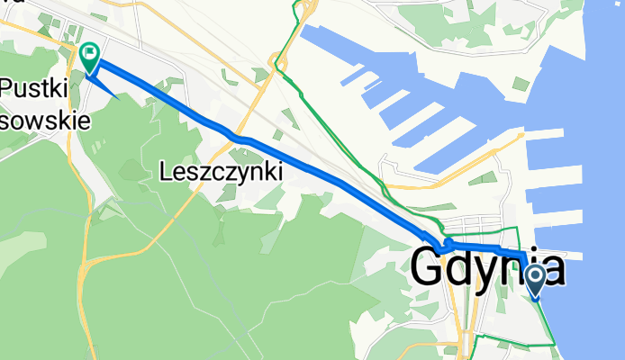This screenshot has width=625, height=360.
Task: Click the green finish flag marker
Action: (90, 57)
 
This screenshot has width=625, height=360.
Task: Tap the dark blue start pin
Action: (535, 281)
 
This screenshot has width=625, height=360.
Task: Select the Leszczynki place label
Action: (221, 170)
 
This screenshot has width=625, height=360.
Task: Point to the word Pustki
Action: (36, 88)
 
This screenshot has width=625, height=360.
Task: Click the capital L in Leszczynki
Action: (166, 170)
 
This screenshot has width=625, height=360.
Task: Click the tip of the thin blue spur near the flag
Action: (118, 95)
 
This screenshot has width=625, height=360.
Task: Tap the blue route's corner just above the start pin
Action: (523, 256)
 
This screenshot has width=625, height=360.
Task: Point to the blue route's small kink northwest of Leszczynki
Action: (236, 138)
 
